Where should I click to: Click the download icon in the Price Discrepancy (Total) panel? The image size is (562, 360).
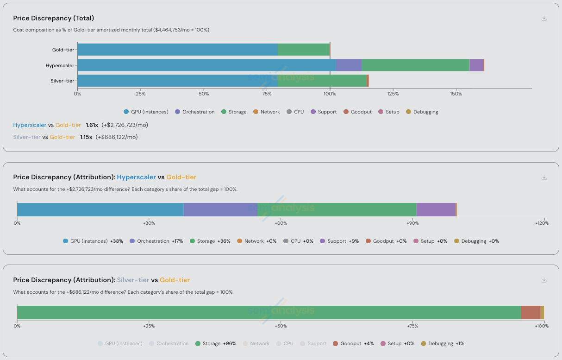(x=544, y=19)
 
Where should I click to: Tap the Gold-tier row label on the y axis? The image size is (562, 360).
(x=63, y=50)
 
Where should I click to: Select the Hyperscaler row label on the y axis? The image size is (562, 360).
(x=60, y=65)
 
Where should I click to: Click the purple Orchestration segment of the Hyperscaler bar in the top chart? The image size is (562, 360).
(x=349, y=65)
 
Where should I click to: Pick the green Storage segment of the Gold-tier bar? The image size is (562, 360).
(x=303, y=50)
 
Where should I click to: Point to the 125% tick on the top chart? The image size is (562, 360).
(x=393, y=94)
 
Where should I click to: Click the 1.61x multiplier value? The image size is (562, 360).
(x=92, y=125)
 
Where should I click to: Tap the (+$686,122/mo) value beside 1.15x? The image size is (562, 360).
(x=116, y=137)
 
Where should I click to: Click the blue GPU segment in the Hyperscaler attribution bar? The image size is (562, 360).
(x=100, y=209)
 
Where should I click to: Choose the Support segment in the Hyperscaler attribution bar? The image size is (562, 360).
(x=436, y=209)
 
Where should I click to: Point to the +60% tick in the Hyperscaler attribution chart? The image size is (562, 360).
(x=281, y=223)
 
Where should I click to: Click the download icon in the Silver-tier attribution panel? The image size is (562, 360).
(x=544, y=280)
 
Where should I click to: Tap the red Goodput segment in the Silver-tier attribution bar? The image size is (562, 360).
(x=531, y=312)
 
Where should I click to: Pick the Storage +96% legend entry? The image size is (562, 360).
(x=215, y=343)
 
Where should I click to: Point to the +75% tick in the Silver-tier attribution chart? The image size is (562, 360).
(x=412, y=326)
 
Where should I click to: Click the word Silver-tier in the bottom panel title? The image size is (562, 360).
(x=133, y=280)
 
